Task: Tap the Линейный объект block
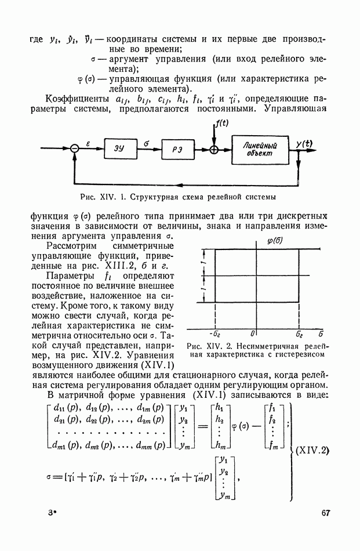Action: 261,149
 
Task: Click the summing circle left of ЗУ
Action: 74,149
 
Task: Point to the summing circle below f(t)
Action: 215,149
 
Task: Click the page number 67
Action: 325,512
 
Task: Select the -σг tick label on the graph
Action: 214,335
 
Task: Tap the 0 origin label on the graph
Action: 253,335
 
